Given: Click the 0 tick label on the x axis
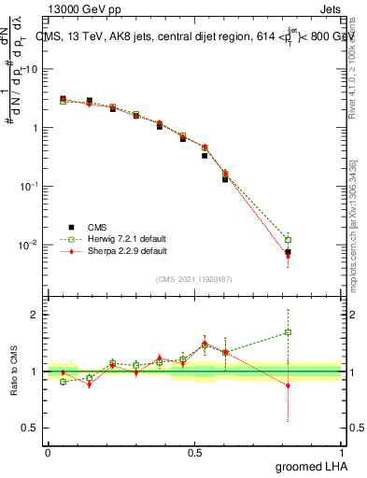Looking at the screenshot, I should tap(48, 451).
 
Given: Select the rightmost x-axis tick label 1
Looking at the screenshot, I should tap(341, 451).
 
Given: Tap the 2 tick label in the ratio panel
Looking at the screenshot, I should tap(35, 315).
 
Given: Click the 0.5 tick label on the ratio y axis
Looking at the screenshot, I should tap(31, 429).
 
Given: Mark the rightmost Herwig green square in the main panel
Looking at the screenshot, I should tap(289, 240).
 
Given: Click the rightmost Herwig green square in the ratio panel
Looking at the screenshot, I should tap(289, 331).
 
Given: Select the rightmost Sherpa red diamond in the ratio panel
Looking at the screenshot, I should tap(289, 385).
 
